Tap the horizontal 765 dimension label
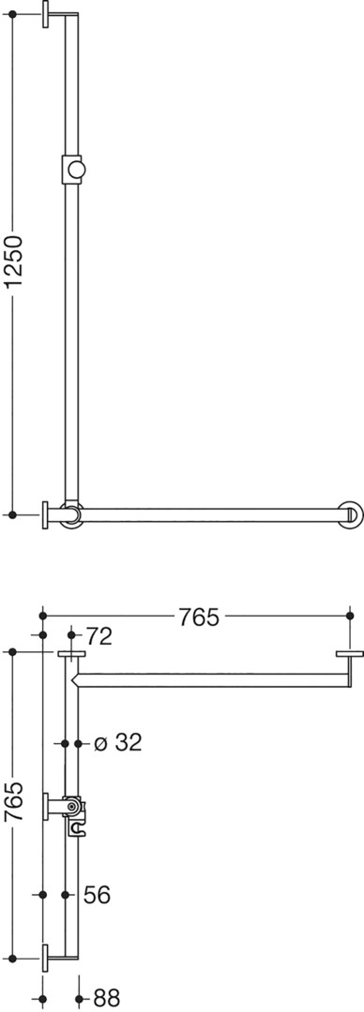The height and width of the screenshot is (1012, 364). coord(199,618)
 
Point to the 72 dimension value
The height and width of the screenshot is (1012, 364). coord(99,636)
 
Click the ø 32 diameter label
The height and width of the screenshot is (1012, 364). coord(117,743)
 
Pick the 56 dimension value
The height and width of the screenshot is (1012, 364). coord(97,895)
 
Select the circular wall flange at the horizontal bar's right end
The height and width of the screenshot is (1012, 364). coord(352,514)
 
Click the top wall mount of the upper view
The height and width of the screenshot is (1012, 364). coord(46,13)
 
